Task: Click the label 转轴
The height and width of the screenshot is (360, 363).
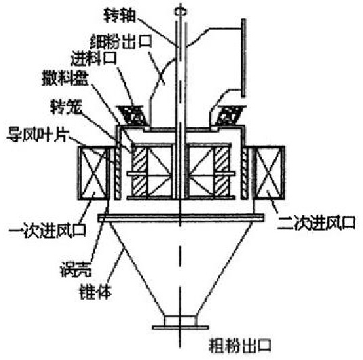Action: (119, 16)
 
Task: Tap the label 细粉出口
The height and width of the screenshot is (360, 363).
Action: (121, 41)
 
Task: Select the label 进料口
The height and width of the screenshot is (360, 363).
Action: (93, 58)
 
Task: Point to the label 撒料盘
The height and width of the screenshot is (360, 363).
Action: (65, 78)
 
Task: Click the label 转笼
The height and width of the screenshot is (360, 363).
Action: (66, 107)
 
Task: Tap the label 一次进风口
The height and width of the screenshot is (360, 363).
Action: (47, 230)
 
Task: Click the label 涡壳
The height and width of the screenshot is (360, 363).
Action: (75, 269)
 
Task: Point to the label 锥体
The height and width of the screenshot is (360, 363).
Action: (95, 291)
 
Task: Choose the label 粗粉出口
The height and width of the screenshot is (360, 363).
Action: (240, 346)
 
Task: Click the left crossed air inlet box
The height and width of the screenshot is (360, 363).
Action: (93, 173)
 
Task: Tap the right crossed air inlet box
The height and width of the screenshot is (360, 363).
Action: (269, 173)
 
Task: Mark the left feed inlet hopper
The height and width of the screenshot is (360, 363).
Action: (133, 115)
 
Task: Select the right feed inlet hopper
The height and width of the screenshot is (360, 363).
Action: (229, 115)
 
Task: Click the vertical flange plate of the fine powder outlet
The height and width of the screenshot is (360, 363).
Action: (244, 58)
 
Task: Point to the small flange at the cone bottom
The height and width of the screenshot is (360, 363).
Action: (180, 328)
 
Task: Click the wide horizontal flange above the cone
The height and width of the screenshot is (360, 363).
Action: (181, 218)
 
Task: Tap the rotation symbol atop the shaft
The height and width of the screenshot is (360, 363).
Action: (180, 12)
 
